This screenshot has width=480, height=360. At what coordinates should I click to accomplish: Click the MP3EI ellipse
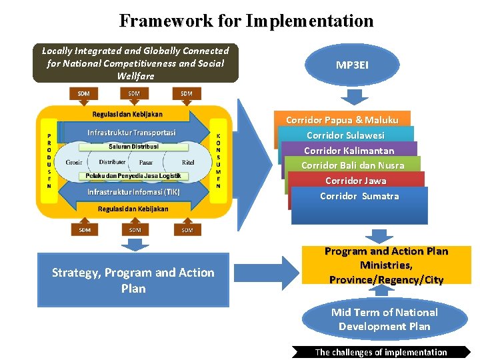[353, 65]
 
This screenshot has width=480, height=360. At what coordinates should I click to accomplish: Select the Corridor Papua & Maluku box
[342, 120]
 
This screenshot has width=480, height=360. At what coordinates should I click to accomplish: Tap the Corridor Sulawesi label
[345, 135]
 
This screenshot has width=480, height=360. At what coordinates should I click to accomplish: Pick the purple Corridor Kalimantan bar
[349, 151]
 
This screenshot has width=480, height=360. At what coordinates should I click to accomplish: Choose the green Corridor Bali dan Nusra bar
[353, 165]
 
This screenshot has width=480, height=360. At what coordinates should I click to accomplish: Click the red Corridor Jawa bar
[355, 181]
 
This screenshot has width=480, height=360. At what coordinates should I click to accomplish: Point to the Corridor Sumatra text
[359, 196]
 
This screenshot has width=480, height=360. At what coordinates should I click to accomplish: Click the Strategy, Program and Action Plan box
[133, 280]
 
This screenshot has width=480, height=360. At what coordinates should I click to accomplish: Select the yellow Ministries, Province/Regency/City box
[386, 265]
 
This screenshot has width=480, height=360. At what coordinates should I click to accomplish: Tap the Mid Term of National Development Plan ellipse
[385, 319]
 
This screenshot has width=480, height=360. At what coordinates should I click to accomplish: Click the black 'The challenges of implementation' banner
[381, 352]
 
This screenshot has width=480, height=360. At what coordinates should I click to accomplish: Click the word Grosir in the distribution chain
[74, 162]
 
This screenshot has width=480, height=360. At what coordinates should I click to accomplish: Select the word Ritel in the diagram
[188, 162]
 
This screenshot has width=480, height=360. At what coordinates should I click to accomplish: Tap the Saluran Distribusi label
[134, 146]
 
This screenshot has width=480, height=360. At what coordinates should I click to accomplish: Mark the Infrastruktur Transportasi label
[131, 132]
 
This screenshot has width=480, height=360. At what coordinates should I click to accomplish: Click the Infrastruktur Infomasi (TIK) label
[133, 192]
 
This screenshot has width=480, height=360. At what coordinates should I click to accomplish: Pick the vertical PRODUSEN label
[49, 161]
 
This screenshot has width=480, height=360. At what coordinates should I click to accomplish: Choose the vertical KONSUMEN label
[218, 161]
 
